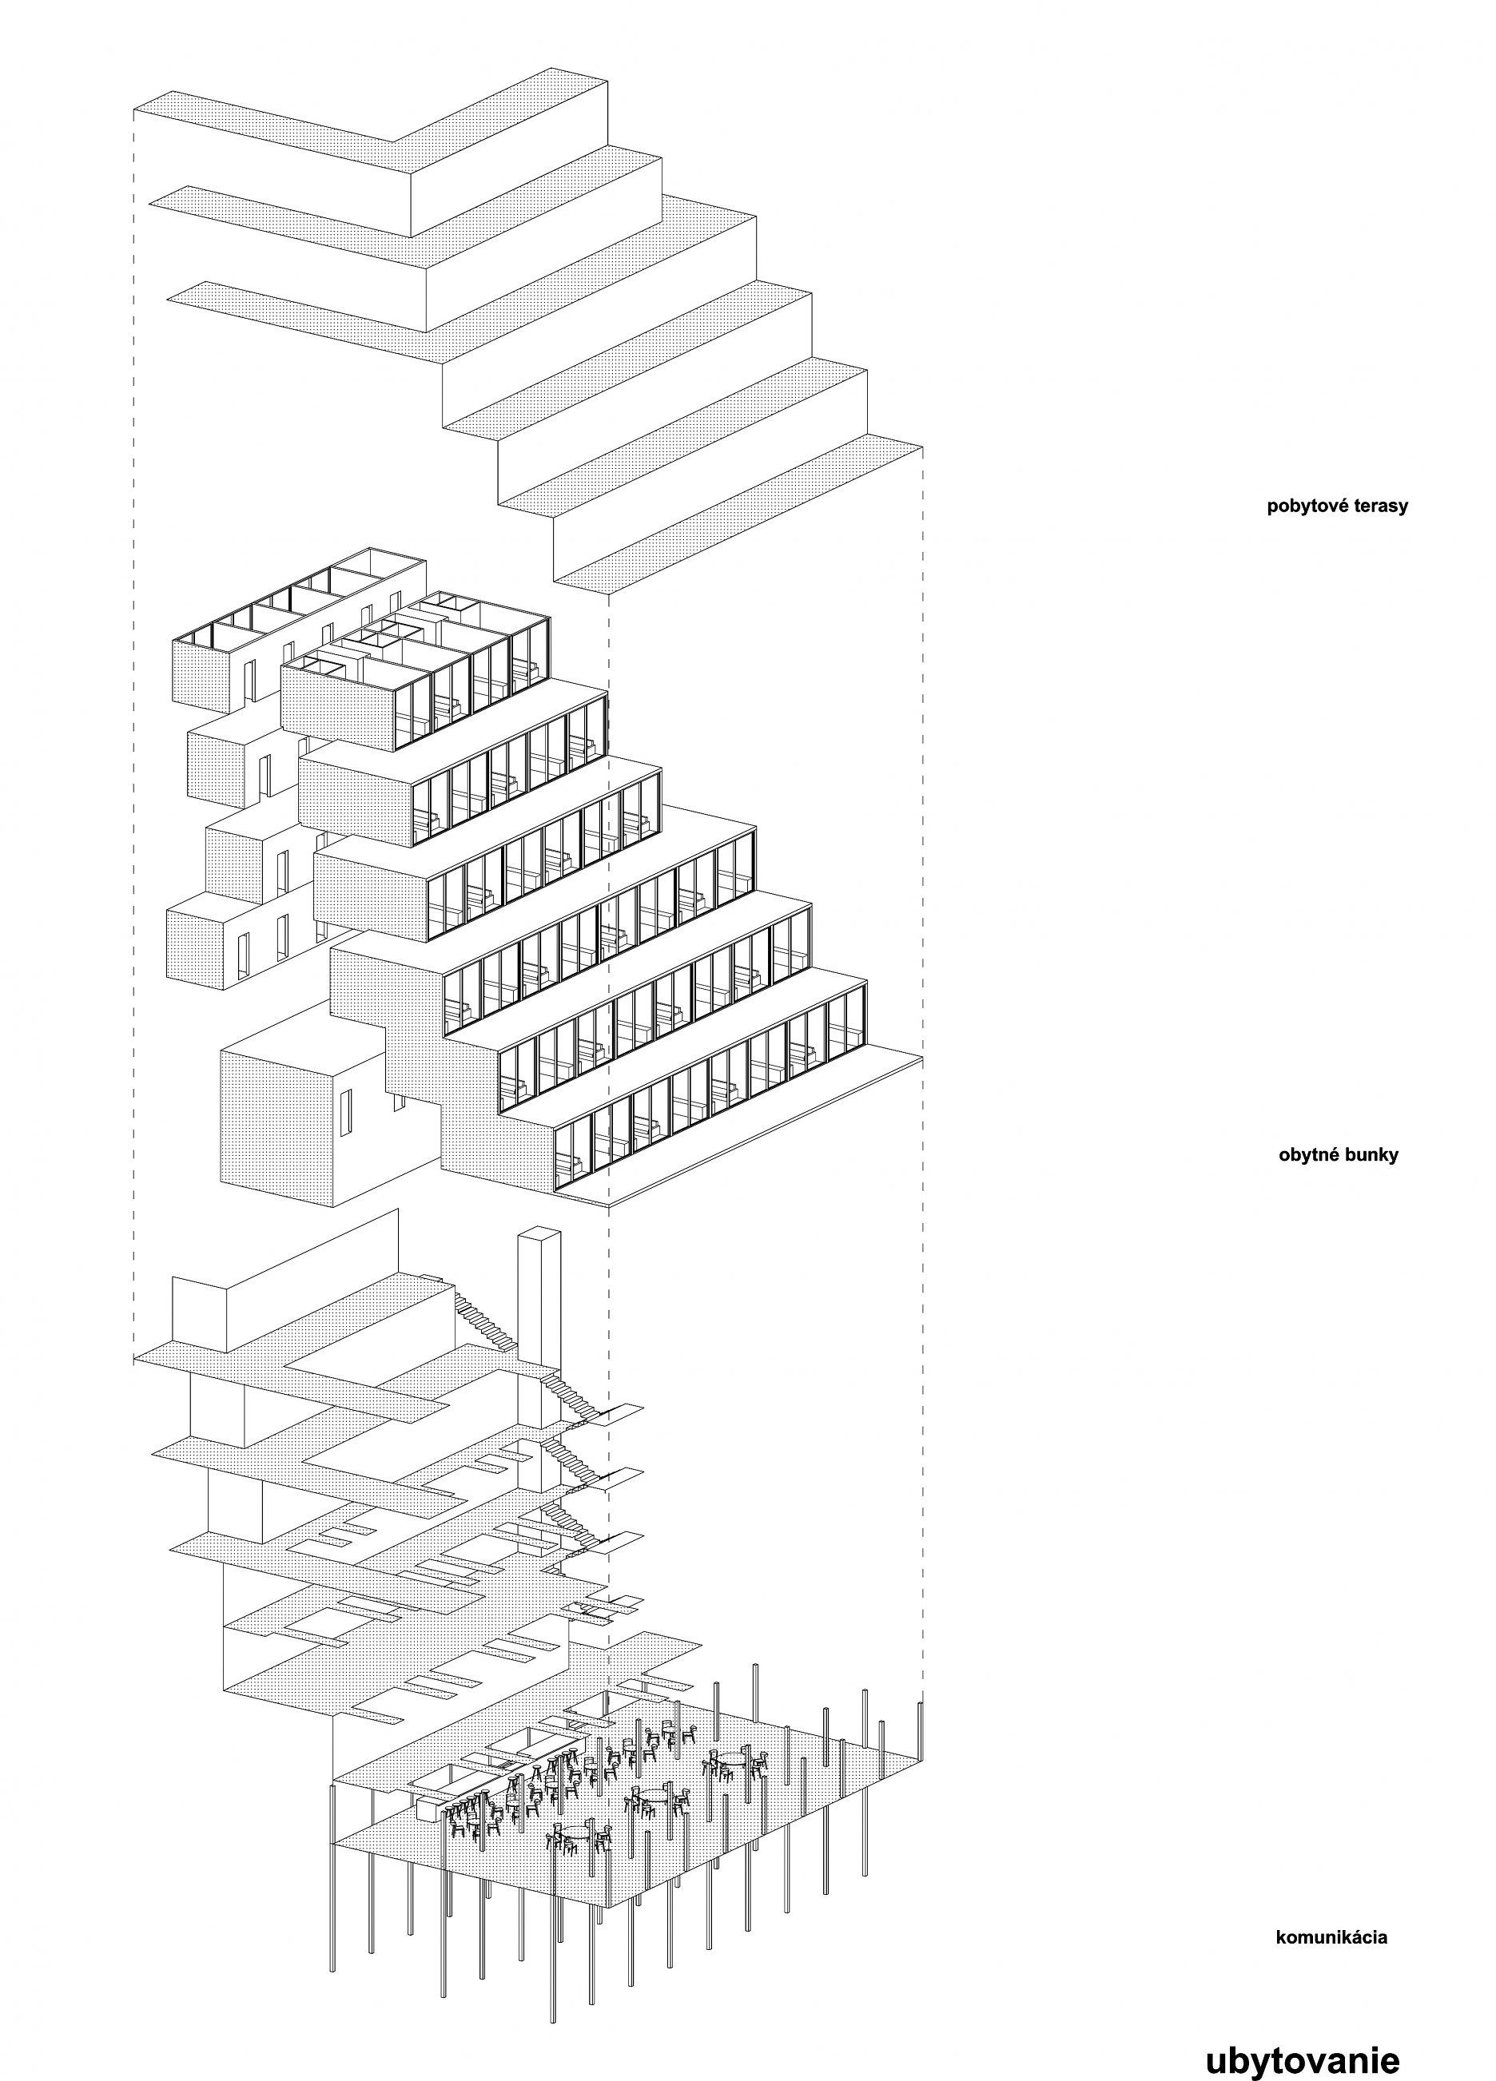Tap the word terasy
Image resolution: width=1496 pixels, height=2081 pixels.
tap(1379, 506)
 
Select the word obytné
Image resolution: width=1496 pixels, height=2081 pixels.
tap(1311, 1154)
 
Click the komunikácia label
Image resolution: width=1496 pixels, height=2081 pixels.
tap(1331, 1938)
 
